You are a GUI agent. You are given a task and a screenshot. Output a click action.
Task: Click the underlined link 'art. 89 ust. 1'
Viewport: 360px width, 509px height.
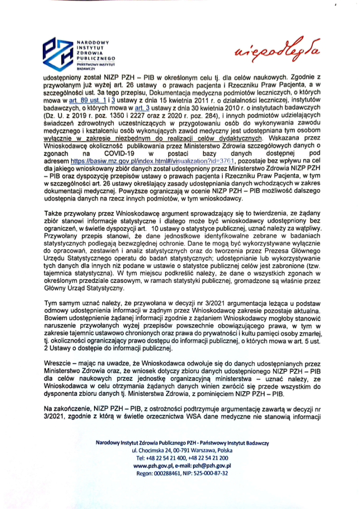87,101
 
